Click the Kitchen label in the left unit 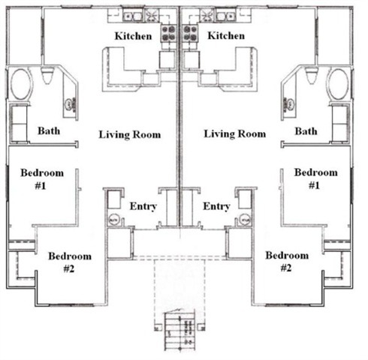pos(133,36)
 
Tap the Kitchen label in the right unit pos(226,36)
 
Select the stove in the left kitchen pos(168,33)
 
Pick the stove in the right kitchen pos(190,33)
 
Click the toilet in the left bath pos(47,75)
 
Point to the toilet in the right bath pos(311,75)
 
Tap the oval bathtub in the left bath pos(21,84)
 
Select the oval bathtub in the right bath pos(338,84)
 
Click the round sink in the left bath pos(70,104)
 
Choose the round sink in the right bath pos(289,104)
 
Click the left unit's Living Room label pos(130,135)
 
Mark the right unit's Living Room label pos(235,134)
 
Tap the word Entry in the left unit pos(143,206)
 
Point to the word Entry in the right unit pos(216,206)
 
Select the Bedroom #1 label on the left pos(42,179)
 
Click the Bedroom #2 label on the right pos(287,261)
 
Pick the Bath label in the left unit pos(49,130)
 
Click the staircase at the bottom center pos(179,331)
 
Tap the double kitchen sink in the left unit pos(133,16)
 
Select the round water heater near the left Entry pos(114,220)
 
